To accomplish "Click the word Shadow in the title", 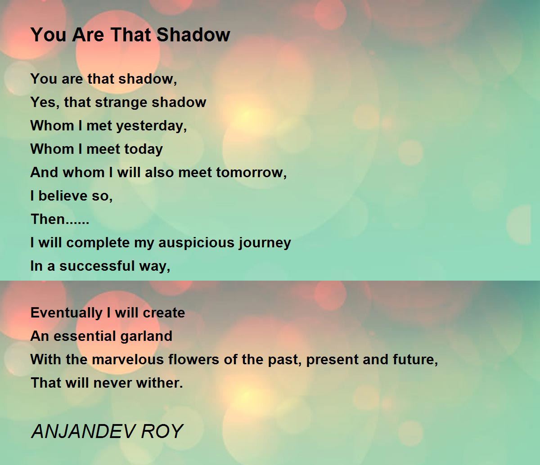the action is point(193,35).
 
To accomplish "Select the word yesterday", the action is point(151,126).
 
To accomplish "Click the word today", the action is point(144,150).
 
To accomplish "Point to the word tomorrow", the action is point(251,173).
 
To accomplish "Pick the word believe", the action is point(63,196).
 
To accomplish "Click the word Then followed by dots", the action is point(60,219).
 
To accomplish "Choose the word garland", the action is point(146,336).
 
